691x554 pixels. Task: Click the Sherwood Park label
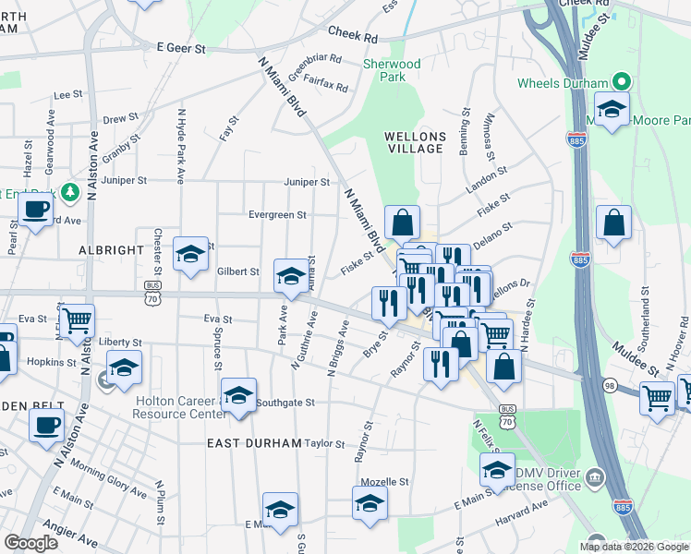[392, 70]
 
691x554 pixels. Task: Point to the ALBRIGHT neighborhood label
[112, 250]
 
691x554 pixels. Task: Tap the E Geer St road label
[180, 46]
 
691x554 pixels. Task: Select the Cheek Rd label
[352, 35]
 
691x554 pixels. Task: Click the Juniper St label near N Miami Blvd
[307, 182]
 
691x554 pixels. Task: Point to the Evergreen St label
[277, 215]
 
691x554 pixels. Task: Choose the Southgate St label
[285, 403]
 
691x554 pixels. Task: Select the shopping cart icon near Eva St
[77, 320]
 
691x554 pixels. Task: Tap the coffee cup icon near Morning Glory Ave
[47, 426]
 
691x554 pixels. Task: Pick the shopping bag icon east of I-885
[614, 223]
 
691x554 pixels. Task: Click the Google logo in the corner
[30, 543]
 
